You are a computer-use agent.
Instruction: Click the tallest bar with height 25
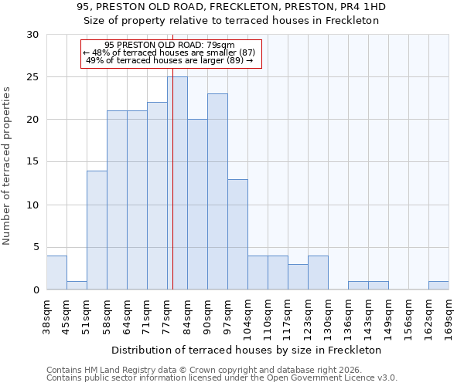177,183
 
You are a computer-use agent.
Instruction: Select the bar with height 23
217,191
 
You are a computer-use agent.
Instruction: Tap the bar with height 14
97,230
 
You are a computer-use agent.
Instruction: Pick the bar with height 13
237,234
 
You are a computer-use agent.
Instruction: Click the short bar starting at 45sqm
77,285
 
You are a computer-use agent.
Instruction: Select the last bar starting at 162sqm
438,285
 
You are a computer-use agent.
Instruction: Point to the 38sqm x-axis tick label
47,317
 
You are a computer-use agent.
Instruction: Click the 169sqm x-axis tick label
449,317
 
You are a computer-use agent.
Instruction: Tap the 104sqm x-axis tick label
248,317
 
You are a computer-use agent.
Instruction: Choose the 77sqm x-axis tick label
168,317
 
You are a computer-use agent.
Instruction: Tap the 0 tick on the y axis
36,289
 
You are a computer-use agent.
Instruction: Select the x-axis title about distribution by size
247,350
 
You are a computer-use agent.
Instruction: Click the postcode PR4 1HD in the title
363,7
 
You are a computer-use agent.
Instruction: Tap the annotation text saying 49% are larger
169,60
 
